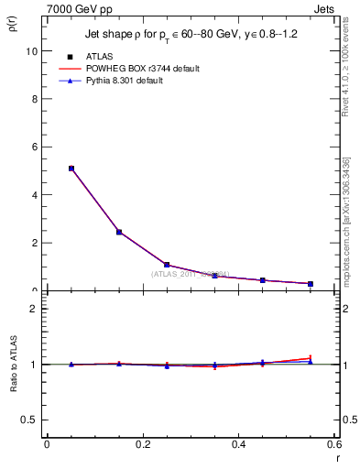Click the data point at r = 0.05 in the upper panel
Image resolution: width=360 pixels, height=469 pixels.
point(71,169)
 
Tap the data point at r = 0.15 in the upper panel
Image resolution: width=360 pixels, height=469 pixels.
point(119,232)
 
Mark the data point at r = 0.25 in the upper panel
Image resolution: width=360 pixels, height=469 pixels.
point(167,265)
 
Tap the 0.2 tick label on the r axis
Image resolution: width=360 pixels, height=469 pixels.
point(143,444)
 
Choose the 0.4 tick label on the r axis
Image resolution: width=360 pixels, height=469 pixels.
point(239,444)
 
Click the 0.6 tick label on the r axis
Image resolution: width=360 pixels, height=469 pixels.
point(333,444)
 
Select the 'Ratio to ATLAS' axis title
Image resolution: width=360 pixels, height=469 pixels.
point(14,365)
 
